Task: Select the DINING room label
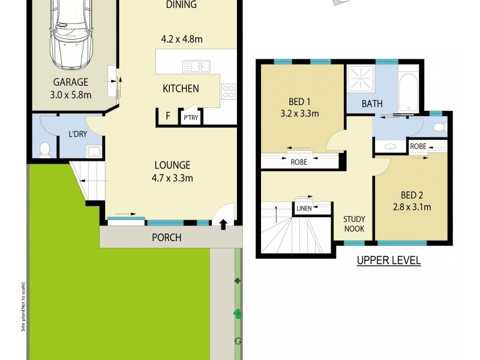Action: click(182, 5)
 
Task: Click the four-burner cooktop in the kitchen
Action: click(229, 91)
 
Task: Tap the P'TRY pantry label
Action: click(191, 118)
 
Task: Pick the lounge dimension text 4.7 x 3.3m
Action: click(173, 178)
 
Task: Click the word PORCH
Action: click(166, 238)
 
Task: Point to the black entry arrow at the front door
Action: click(223, 225)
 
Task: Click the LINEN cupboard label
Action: click(303, 209)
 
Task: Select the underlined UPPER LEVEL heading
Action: click(388, 260)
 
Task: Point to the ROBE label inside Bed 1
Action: click(299, 161)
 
